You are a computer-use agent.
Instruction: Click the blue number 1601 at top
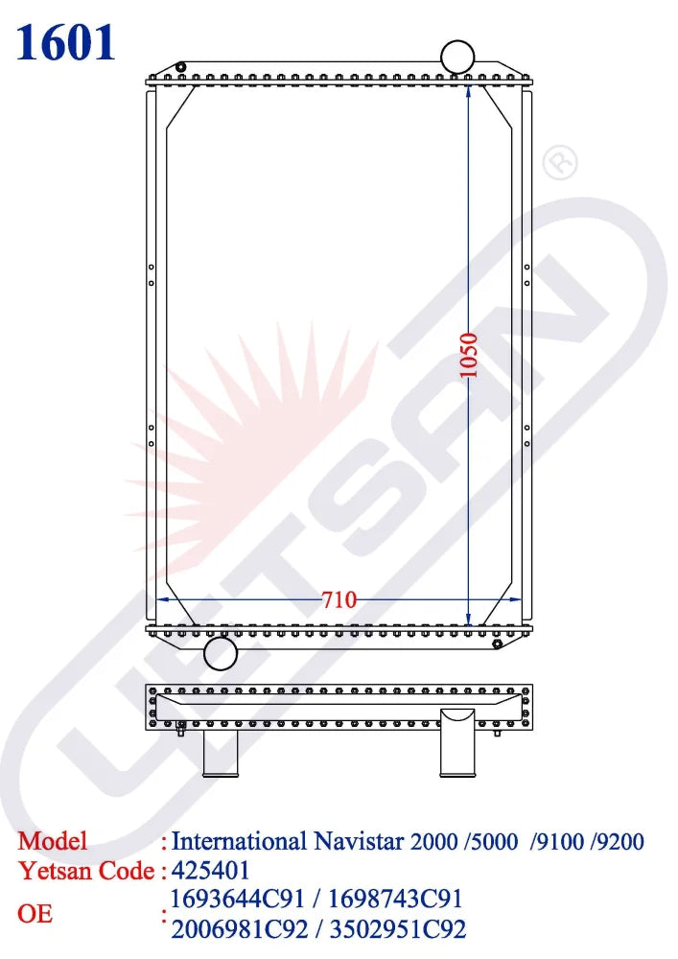66,42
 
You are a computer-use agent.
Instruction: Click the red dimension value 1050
469,355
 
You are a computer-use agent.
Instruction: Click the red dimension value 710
339,600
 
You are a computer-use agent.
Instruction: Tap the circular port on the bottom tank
221,654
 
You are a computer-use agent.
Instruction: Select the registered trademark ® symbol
560,162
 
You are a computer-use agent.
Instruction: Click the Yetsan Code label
86,871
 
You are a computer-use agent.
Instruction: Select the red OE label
35,914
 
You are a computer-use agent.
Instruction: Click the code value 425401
210,871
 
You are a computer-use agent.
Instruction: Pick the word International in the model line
239,842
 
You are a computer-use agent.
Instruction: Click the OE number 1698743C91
396,900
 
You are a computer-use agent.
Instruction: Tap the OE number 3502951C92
398,928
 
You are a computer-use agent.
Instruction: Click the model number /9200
618,843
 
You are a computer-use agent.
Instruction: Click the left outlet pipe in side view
220,752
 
